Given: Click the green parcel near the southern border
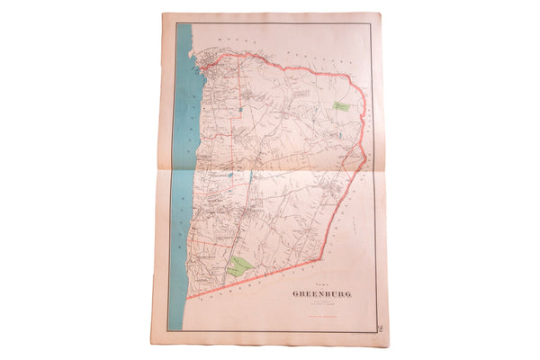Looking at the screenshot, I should point(238,265).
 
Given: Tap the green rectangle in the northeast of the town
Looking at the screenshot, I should point(341,106).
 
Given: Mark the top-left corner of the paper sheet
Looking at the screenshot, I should point(164,13).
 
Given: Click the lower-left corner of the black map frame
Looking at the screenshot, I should point(172,332).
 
